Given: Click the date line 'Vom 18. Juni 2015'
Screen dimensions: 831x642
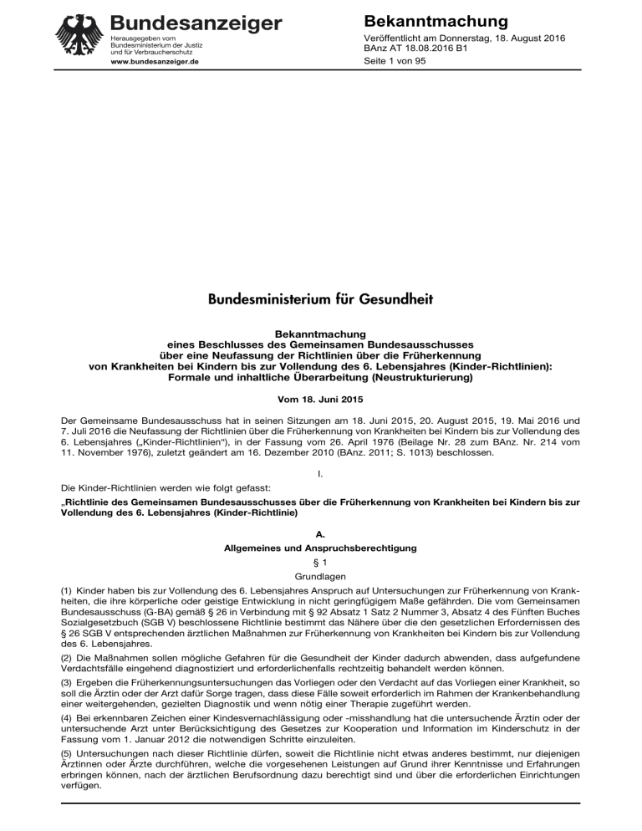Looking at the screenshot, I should point(321,392).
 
